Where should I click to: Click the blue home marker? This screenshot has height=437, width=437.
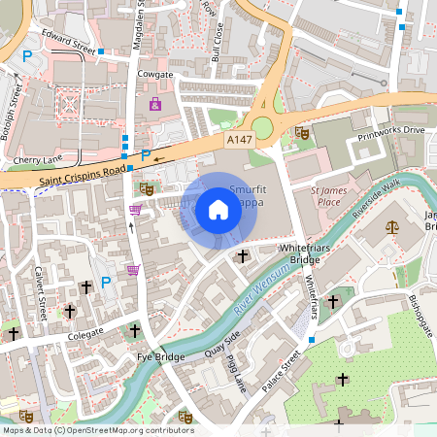(x=218, y=209)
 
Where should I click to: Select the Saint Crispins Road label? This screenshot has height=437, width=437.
(x=84, y=170)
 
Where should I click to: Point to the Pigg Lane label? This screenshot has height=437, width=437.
(x=232, y=374)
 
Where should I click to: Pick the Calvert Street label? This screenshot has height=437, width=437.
(x=42, y=289)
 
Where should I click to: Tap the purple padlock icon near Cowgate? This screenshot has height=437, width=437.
(x=153, y=103)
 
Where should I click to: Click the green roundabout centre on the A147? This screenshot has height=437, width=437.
(x=262, y=125)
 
